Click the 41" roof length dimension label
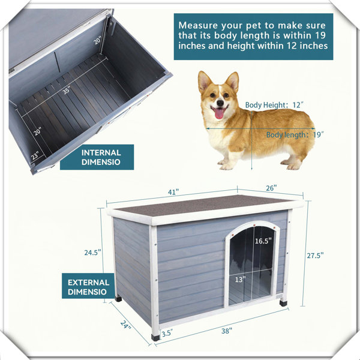pos(173,192)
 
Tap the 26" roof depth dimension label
pos(271,188)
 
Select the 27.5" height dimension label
pos(315,256)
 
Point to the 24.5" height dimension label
pos(93,253)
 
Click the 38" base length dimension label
pos(227,331)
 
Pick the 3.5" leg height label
pos(167,333)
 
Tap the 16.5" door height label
pos(263,241)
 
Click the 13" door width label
pos(240,279)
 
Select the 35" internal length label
pos(67,90)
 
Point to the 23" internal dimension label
pos(35,155)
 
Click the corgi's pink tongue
pos(218,113)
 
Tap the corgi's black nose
pos(220,103)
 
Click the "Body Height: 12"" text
pos(274,105)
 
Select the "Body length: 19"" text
pos(295,134)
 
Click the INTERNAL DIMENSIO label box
pos(97,157)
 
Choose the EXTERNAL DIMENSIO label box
pos(88,286)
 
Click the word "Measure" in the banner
pos(199,25)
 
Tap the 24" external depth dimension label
pos(125,324)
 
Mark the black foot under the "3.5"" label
pos(155,337)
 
